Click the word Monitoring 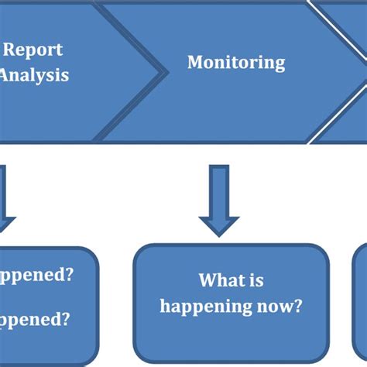coord(236,63)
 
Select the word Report coord(33,50)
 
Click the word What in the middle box coord(214,280)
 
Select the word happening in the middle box coord(206,307)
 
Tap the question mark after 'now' coord(297,306)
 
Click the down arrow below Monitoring coord(219,200)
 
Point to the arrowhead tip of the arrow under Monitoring coord(219,234)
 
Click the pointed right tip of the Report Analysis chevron coord(166,71)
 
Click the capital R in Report coord(10,50)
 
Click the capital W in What coord(207,280)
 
